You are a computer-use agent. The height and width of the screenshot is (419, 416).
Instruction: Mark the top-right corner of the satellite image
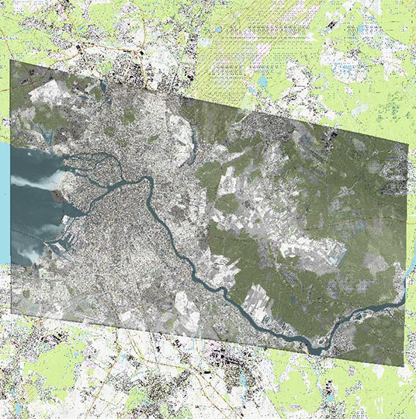pyautogui.click(x=407, y=145)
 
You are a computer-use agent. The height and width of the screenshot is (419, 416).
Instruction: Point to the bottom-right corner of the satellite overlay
pyautogui.click(x=405, y=365)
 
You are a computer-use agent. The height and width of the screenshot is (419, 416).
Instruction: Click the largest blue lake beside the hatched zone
pyautogui.click(x=262, y=81)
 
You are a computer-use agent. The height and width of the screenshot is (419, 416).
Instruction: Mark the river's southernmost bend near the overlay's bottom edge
pyautogui.click(x=317, y=348)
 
